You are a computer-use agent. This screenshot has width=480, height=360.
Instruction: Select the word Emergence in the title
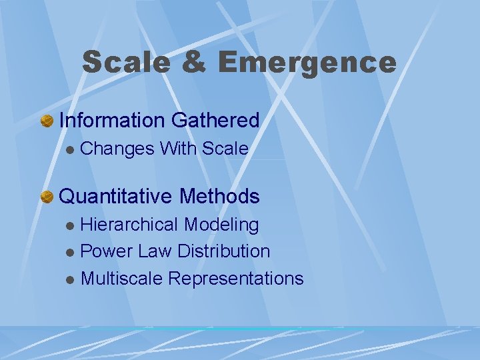pos(307,63)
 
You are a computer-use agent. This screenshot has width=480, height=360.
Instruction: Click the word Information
pos(113,121)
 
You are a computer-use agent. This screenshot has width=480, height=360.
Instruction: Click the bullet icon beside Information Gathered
pos(47,121)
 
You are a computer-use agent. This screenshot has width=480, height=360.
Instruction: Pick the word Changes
pos(117,149)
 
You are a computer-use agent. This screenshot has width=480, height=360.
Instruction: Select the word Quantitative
pos(117,197)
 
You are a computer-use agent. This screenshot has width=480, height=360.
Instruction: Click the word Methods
pos(219,196)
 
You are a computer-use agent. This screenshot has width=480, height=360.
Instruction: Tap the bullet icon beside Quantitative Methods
pos(47,197)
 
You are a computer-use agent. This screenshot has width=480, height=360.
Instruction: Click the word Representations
pos(236,279)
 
